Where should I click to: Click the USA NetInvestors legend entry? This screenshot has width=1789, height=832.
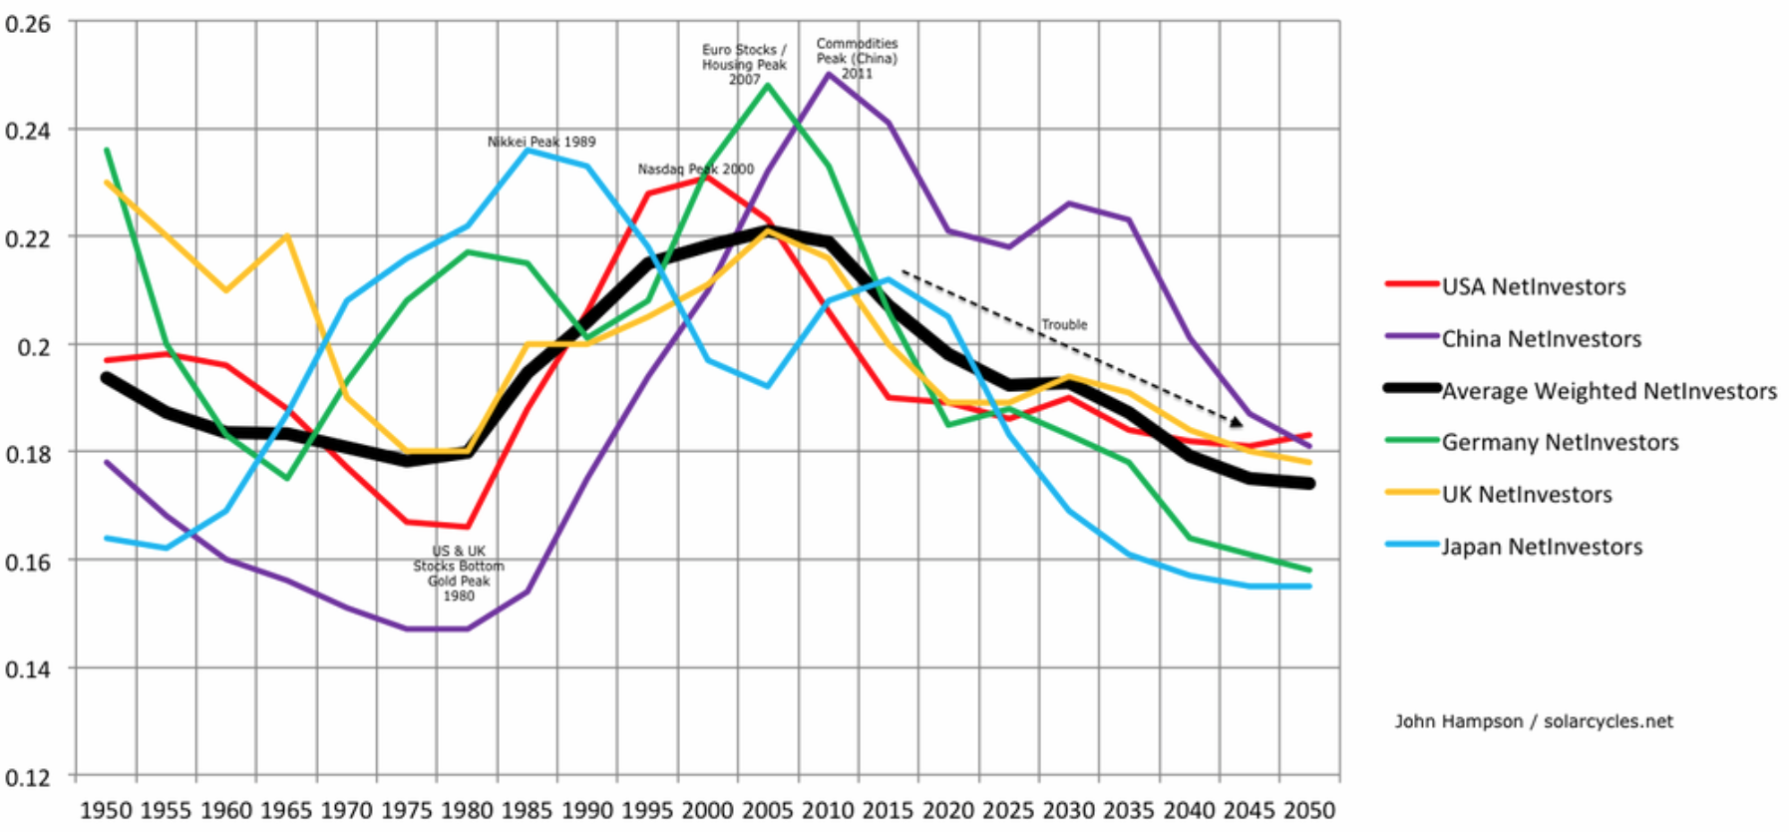click(1533, 287)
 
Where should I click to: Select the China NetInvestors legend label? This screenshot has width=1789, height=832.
click(1541, 339)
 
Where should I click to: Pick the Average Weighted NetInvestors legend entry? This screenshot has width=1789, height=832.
click(1609, 391)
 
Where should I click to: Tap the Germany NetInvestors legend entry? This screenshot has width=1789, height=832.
click(1560, 443)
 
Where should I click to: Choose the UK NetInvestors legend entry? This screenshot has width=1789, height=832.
click(1527, 495)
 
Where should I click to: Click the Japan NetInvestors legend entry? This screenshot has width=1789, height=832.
click(1542, 547)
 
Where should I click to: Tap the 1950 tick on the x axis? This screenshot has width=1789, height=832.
click(106, 810)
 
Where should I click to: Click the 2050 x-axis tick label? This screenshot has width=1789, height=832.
click(1308, 810)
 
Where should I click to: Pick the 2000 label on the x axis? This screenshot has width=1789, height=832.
click(707, 810)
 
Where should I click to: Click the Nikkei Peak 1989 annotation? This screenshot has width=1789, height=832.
click(541, 142)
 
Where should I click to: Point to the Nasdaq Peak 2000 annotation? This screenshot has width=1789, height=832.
click(696, 170)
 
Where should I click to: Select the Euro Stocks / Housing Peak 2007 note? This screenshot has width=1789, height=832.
click(744, 64)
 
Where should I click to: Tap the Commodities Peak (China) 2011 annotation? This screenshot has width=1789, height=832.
click(857, 58)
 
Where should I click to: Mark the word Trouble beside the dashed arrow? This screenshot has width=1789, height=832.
click(1064, 325)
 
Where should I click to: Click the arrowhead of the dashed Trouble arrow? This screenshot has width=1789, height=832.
click(1237, 423)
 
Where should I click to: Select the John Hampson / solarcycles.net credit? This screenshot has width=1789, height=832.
click(1534, 721)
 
